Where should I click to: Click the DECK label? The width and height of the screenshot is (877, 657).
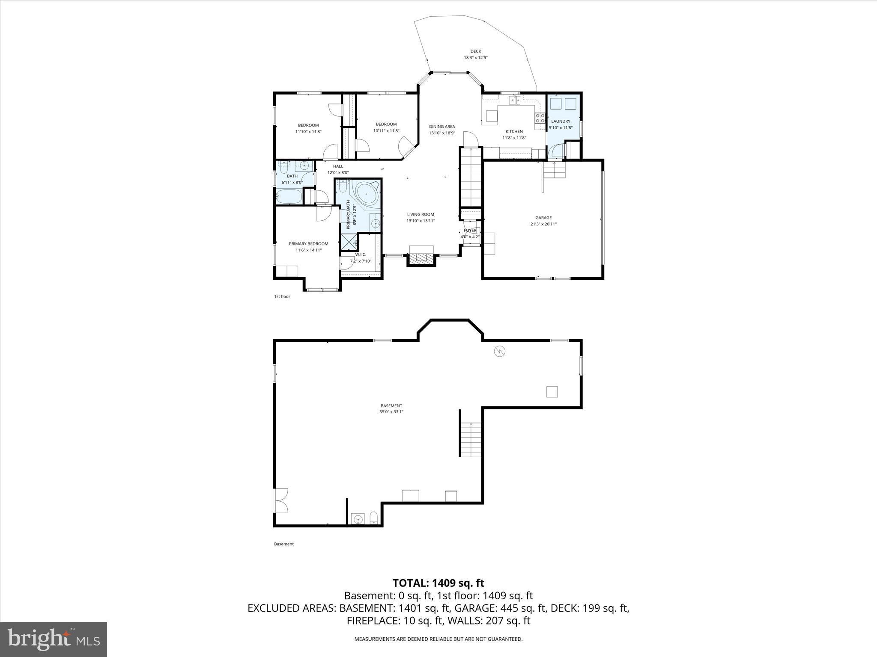[475, 51]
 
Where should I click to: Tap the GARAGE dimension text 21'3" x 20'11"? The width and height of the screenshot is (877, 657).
[543, 224]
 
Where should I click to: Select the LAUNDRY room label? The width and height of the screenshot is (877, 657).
[560, 121]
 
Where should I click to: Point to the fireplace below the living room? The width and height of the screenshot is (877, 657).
[421, 258]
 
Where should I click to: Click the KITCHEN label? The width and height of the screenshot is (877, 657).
[514, 131]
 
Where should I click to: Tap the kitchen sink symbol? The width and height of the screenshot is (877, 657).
[515, 100]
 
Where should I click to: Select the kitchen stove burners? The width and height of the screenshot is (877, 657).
[540, 118]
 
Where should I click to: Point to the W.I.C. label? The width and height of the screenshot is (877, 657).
[361, 255]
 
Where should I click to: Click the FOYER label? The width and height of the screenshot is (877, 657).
[470, 231]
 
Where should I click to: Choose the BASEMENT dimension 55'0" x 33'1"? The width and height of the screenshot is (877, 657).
[391, 412]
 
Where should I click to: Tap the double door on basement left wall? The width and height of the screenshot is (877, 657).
[281, 500]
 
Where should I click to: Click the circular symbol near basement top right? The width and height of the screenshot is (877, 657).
[500, 352]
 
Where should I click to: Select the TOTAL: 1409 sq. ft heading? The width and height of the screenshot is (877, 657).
[438, 583]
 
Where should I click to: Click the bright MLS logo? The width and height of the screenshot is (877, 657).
[54, 639]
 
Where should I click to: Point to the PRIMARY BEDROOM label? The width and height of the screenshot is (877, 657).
[308, 244]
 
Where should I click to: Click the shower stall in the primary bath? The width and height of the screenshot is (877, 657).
[349, 243]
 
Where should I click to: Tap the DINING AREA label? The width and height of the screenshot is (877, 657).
[442, 127]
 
